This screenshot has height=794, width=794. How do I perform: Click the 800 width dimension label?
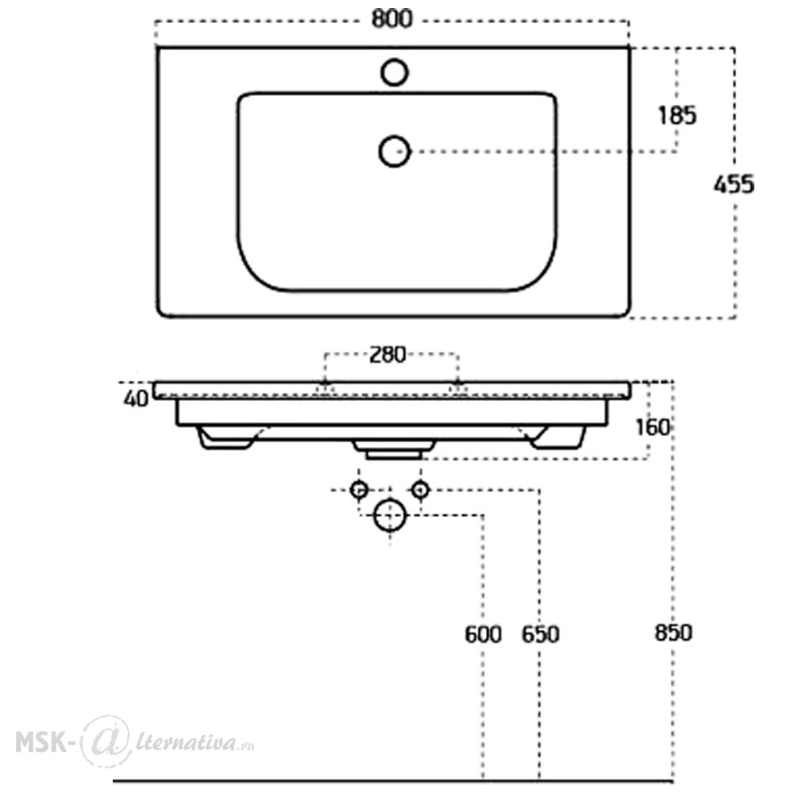tap(392, 19)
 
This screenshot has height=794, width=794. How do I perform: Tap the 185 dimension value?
tap(677, 115)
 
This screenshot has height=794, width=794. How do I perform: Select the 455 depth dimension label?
tap(734, 184)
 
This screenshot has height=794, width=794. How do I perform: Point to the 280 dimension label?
tap(387, 354)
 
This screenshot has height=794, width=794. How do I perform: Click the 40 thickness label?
tap(136, 399)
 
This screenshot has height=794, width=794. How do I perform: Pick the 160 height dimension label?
tap(653, 428)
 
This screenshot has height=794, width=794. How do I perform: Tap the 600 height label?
tap(483, 634)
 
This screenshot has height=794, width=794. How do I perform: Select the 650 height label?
tap(540, 634)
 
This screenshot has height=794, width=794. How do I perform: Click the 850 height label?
tap(673, 633)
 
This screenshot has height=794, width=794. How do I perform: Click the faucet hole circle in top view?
tap(395, 71)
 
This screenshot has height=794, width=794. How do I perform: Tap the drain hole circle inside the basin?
tap(394, 151)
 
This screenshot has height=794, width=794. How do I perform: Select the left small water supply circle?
tap(360, 490)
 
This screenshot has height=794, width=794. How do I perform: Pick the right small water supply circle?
tap(420, 490)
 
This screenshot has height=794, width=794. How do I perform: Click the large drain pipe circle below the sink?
tap(390, 515)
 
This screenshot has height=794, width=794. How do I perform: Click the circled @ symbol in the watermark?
tap(105, 741)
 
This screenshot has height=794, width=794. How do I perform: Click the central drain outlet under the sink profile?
tap(394, 449)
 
